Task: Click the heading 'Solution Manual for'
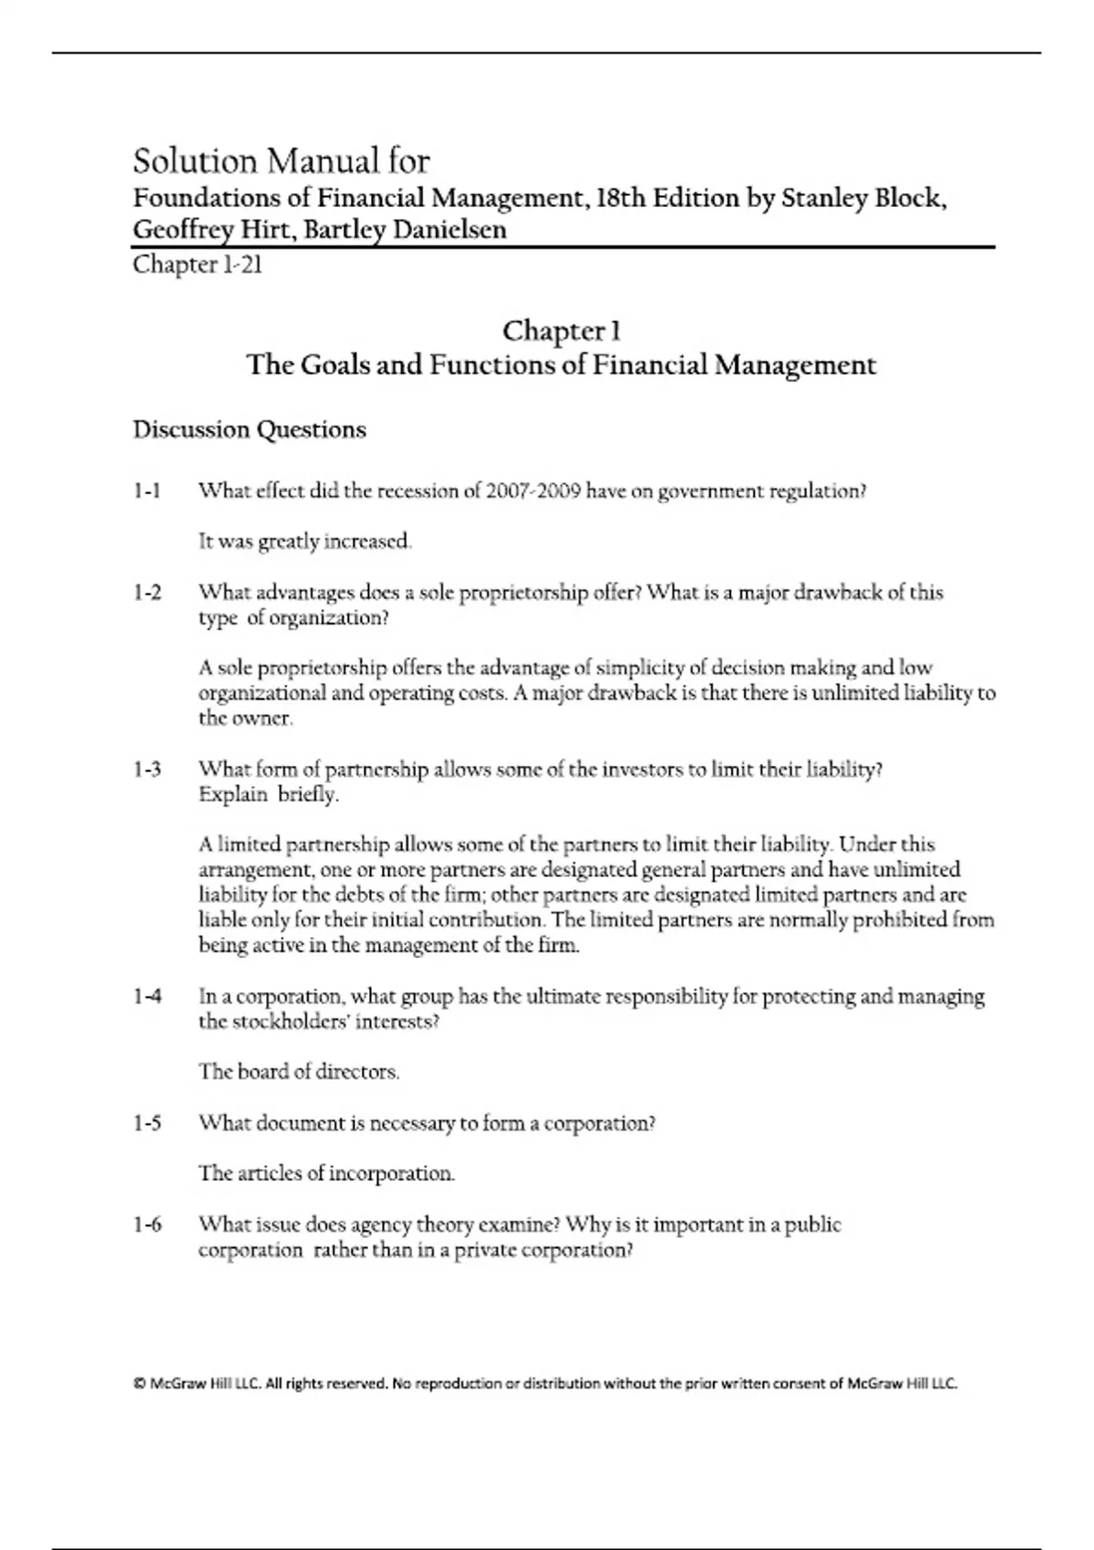[281, 161]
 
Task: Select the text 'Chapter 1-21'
[198, 265]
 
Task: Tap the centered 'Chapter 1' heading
[562, 330]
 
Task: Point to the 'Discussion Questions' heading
[249, 429]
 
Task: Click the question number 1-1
[147, 491]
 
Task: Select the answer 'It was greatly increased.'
[305, 542]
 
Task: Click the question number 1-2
[147, 593]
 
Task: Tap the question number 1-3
[147, 770]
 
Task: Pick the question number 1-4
[147, 997]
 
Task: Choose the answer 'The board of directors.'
[299, 1072]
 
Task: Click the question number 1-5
[147, 1123]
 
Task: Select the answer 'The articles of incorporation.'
[326, 1173]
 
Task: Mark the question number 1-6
[147, 1224]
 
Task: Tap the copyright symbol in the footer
[139, 1383]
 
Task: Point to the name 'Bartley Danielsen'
[405, 230]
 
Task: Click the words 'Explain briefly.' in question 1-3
[268, 794]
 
